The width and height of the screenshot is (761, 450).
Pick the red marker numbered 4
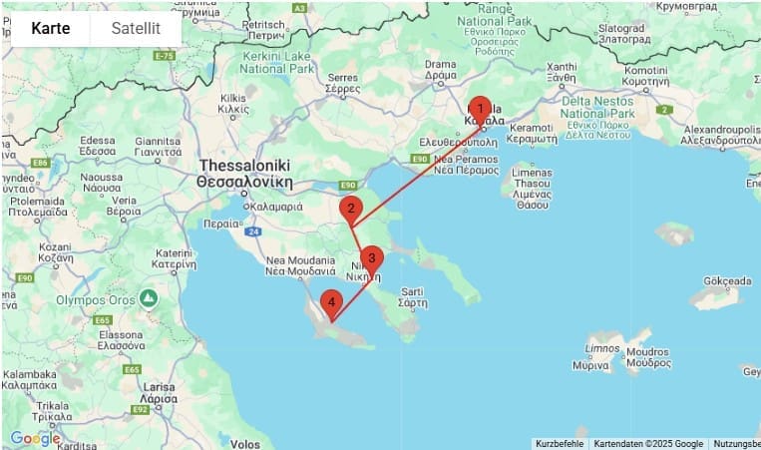pos(330,302)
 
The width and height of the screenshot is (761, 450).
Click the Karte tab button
pos(51,28)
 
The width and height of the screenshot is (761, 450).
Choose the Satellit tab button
pos(136,28)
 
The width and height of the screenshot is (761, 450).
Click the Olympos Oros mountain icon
pos(149,298)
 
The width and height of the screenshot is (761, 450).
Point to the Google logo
pos(35,438)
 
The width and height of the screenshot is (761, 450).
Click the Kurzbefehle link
pos(560,444)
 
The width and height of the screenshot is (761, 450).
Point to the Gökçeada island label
pos(720,281)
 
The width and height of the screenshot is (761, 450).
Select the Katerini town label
pos(174,259)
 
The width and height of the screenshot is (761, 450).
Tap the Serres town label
pos(342,83)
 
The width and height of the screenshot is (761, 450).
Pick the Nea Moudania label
pos(301,265)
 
